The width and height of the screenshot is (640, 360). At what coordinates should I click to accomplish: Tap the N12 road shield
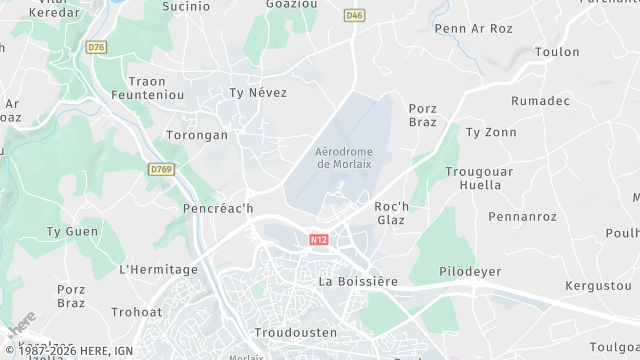coord(319,240)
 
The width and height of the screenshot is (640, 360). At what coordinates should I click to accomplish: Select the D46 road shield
coord(353,15)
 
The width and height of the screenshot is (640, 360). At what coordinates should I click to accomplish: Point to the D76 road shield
coord(96,47)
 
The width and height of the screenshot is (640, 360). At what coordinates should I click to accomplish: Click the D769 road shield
coord(160,170)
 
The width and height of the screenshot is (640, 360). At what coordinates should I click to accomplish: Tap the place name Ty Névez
coord(258,93)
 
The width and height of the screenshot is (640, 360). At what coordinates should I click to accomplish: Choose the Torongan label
coord(197,135)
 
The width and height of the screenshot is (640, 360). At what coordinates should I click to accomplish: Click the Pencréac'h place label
coord(219,209)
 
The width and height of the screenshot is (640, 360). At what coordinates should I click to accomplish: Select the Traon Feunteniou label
coord(161,88)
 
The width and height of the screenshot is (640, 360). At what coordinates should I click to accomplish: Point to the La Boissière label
coord(357,281)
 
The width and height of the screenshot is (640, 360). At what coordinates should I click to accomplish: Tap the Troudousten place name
coord(296,332)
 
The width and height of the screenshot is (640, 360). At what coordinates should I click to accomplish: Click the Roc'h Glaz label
coord(389,212)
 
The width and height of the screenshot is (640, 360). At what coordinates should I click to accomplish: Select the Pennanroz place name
coord(522,216)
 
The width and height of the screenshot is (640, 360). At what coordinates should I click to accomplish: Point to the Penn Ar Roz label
coord(474,29)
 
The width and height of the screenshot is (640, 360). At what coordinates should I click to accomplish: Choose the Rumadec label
coord(541,101)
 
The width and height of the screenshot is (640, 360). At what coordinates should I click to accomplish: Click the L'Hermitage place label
coord(158,269)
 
